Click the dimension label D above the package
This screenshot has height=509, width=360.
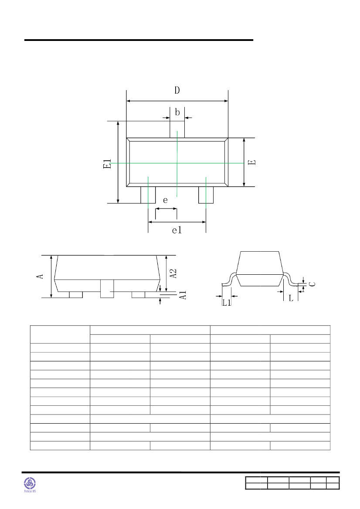pyautogui.click(x=177, y=91)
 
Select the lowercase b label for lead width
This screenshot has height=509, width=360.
pyautogui.click(x=177, y=112)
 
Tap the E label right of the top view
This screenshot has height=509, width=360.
pyautogui.click(x=251, y=162)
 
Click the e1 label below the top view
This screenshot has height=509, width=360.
pyautogui.click(x=177, y=230)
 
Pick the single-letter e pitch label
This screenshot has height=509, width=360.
pyautogui.click(x=165, y=200)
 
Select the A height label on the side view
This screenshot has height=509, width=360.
pyautogui.click(x=41, y=276)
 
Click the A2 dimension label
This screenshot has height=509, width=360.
pyautogui.click(x=173, y=273)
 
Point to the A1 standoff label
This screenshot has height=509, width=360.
pyautogui.click(x=183, y=295)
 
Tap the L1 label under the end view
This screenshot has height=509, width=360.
pyautogui.click(x=227, y=303)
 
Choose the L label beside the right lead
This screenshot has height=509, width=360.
pyautogui.click(x=290, y=298)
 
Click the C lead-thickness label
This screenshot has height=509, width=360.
pyautogui.click(x=312, y=283)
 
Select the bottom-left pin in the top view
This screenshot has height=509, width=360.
pyautogui.click(x=148, y=195)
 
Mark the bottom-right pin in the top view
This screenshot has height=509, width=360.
pyautogui.click(x=206, y=195)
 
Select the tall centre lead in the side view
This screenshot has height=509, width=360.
pyautogui.click(x=107, y=289)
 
